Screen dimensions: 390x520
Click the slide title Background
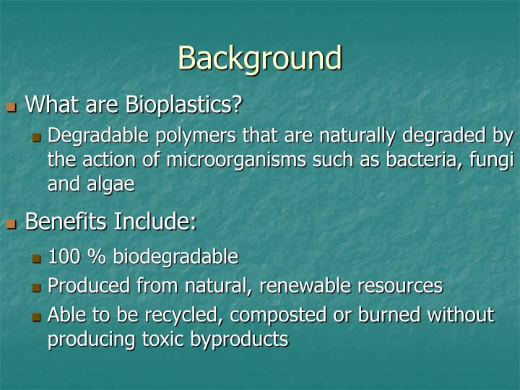click(259, 58)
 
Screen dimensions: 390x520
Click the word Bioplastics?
click(183, 105)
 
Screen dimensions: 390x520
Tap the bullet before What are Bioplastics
click(11, 107)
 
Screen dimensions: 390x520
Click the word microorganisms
click(241, 160)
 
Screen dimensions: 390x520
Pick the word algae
click(110, 184)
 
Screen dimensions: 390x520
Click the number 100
click(63, 256)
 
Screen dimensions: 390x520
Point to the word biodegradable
click(175, 256)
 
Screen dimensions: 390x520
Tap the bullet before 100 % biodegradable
click(37, 258)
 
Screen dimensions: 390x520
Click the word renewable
click(307, 285)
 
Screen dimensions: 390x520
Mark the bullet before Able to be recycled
click(37, 316)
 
